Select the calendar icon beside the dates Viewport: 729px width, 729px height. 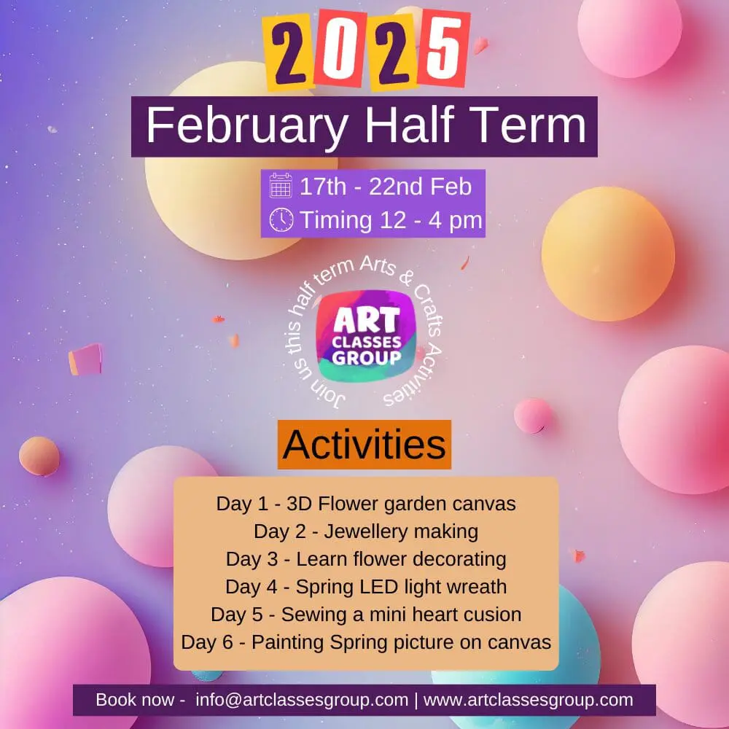click(x=281, y=187)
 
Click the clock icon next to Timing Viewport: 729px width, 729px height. click(x=281, y=219)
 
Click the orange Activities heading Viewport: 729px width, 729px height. click(x=364, y=445)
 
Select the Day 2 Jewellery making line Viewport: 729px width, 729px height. click(x=366, y=531)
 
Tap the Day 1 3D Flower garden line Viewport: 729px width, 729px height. click(x=366, y=504)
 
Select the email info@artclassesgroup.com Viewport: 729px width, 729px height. click(x=302, y=700)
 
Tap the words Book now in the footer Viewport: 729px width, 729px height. click(x=136, y=700)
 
